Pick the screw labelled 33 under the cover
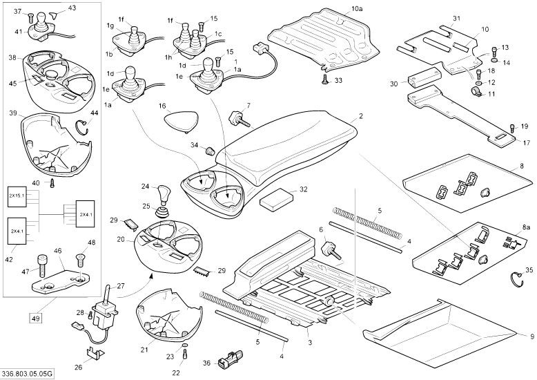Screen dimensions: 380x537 point(324,82)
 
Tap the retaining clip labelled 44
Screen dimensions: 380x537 point(83,125)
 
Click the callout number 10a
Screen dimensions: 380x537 point(357,9)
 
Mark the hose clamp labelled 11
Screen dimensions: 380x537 point(475,91)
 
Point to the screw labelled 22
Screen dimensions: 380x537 point(185,356)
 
